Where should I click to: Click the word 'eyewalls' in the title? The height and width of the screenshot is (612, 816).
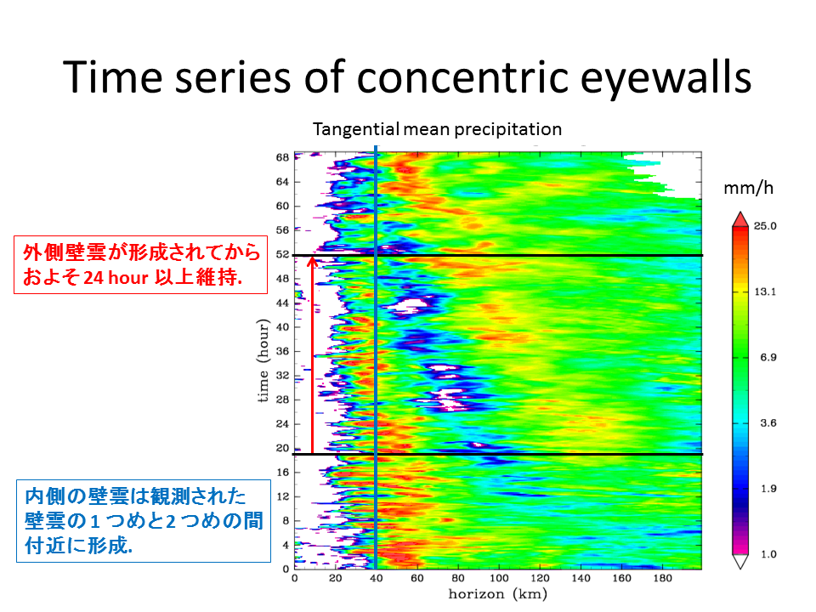click(x=666, y=77)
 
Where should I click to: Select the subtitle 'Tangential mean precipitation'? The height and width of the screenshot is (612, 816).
click(x=437, y=129)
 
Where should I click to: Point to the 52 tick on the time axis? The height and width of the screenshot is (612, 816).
click(x=282, y=254)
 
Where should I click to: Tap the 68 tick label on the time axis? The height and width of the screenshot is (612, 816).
click(x=282, y=157)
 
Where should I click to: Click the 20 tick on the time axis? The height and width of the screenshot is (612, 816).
click(x=282, y=448)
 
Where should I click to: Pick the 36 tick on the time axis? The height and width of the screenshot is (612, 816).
click(x=282, y=351)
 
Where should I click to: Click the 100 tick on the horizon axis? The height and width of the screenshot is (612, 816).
click(x=499, y=578)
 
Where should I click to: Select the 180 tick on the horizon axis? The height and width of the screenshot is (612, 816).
click(x=662, y=578)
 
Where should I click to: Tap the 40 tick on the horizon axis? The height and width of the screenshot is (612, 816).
click(x=377, y=578)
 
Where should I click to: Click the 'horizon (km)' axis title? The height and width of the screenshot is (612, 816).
click(x=498, y=594)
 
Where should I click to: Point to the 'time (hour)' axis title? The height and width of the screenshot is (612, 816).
click(x=263, y=360)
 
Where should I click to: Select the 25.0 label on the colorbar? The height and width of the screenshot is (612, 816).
click(x=765, y=226)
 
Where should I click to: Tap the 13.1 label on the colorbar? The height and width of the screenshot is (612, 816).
click(x=765, y=292)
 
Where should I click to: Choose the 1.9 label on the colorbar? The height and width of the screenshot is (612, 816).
click(x=768, y=489)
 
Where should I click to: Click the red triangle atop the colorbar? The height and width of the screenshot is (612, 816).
click(x=740, y=219)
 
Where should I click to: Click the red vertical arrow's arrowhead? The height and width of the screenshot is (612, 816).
click(x=312, y=260)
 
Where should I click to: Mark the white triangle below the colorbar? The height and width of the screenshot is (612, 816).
click(x=740, y=561)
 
